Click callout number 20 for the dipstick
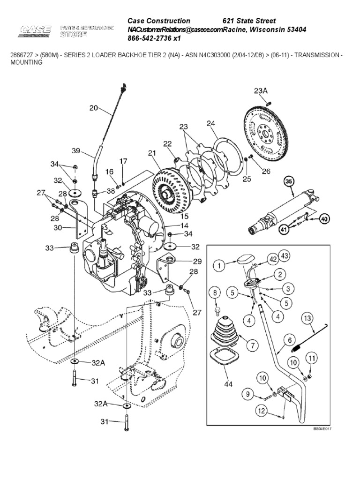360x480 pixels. (93, 107)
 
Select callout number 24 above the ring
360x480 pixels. (211, 123)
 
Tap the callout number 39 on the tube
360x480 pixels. (76, 150)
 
